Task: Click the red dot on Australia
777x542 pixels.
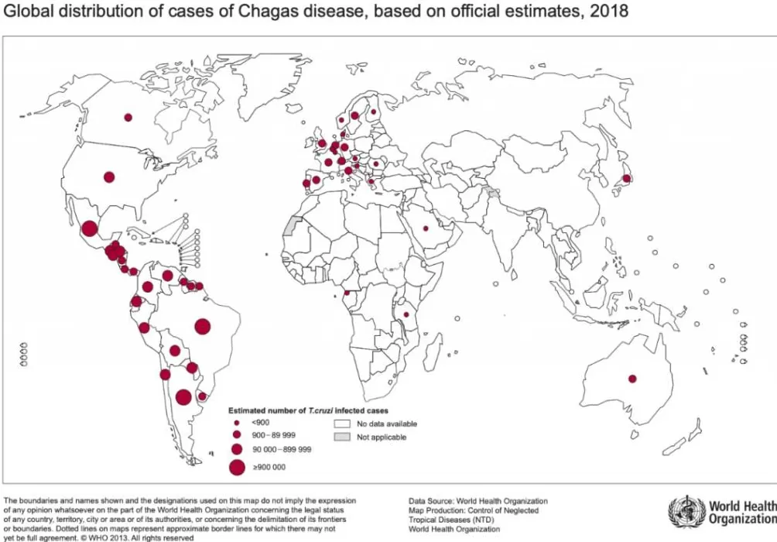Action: tap(632, 379)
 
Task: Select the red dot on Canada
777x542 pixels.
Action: tap(128, 118)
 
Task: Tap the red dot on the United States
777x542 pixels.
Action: tap(109, 177)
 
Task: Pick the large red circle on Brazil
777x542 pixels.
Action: tap(203, 327)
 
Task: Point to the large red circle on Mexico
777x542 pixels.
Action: tap(90, 228)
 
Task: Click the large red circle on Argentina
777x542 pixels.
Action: tap(183, 397)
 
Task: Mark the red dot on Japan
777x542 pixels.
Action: tap(626, 178)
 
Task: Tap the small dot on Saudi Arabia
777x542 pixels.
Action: tap(425, 228)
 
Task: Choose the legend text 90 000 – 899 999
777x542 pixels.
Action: tap(282, 450)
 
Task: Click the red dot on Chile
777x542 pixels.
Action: tap(165, 375)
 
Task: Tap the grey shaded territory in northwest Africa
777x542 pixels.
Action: tap(291, 226)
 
